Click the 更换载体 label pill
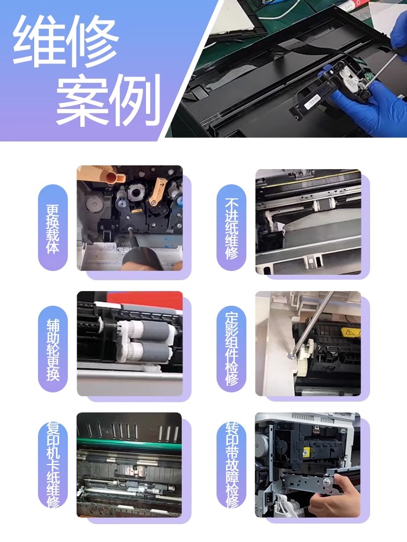point(53,228)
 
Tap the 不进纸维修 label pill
point(232,228)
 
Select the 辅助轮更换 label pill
point(53,349)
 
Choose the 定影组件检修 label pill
point(232,349)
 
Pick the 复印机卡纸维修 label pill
point(53,465)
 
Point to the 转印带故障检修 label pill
point(232,465)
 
